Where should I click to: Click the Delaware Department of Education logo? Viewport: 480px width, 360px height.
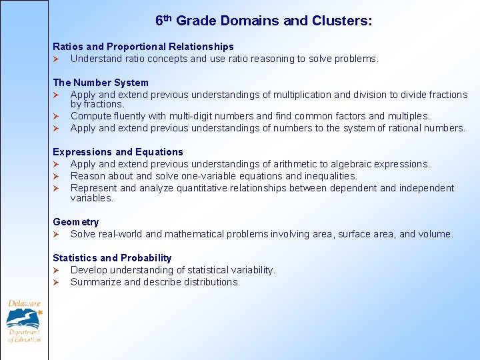[x=24, y=321]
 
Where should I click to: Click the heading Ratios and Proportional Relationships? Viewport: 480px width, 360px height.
[x=143, y=47]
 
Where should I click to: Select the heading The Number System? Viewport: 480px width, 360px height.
[x=101, y=83]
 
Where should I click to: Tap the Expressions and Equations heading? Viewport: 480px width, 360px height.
[x=118, y=152]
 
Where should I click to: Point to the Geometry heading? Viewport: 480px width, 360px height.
[x=76, y=222]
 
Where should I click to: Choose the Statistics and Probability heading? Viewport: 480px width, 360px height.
[x=112, y=258]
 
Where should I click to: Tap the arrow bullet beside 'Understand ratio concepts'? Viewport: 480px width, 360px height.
[x=57, y=59]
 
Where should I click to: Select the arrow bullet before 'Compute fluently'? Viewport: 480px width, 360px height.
[x=57, y=116]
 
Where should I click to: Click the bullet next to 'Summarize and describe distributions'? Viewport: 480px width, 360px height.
[x=57, y=282]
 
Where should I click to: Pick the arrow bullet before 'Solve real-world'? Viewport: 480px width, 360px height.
[x=57, y=234]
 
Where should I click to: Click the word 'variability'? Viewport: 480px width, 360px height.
[x=250, y=270]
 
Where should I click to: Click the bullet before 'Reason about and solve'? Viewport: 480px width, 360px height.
[x=57, y=176]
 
